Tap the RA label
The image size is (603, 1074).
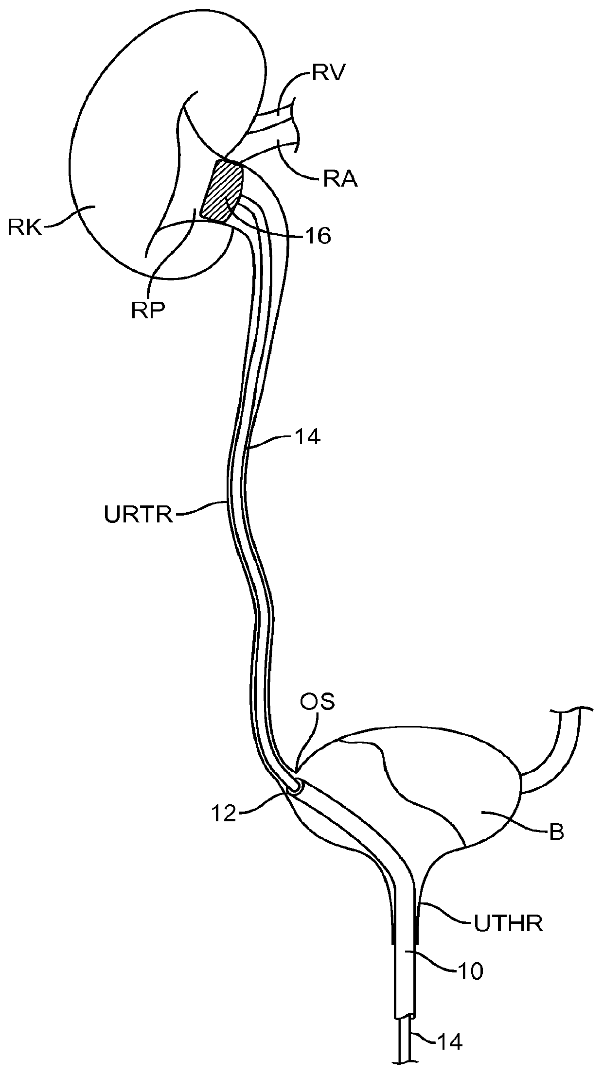click(x=340, y=180)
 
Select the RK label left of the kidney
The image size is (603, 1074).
click(x=25, y=227)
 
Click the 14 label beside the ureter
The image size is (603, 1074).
click(x=306, y=437)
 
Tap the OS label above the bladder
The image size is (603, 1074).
click(x=317, y=703)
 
